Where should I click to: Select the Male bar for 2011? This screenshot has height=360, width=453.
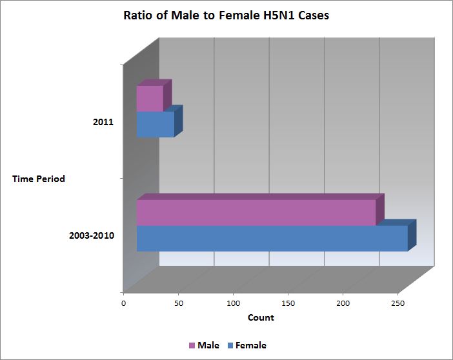coord(150,99)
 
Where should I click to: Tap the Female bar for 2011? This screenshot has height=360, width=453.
coord(155,125)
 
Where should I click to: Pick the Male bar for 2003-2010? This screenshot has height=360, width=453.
coord(256,213)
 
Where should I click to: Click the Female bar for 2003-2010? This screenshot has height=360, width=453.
coord(272,238)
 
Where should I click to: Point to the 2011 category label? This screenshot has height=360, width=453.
coord(103,121)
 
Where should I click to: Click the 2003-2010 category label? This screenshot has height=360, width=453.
coord(92,235)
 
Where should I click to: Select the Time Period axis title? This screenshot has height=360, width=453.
coord(39,179)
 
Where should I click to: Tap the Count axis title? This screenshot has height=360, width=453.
coord(261,317)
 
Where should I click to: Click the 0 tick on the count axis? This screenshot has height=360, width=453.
coord(124,302)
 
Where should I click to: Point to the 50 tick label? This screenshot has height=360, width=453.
coord(179,302)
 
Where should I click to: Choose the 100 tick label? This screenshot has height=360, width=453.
coord(234,302)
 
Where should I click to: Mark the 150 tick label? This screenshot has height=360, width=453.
coord(288,302)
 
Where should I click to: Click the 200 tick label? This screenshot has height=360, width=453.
coord(343,302)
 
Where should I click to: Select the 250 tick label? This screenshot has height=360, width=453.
coord(398,302)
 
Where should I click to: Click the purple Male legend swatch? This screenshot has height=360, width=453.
coord(192,346)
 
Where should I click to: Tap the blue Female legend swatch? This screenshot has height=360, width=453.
coord(230,346)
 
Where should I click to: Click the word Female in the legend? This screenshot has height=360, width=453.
coord(251,345)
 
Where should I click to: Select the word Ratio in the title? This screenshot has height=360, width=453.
coord(138,16)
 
